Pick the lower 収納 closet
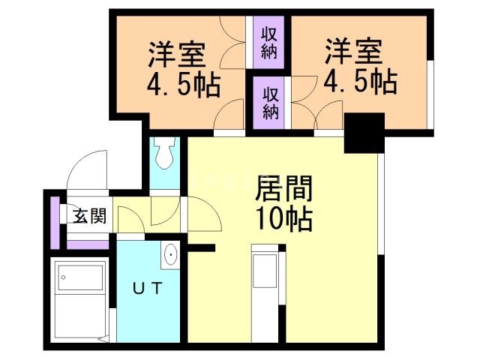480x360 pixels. click(271, 103)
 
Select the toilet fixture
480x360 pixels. click(164, 154)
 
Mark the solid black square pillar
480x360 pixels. click(364, 133)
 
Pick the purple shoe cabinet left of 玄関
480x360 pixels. click(55, 222)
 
